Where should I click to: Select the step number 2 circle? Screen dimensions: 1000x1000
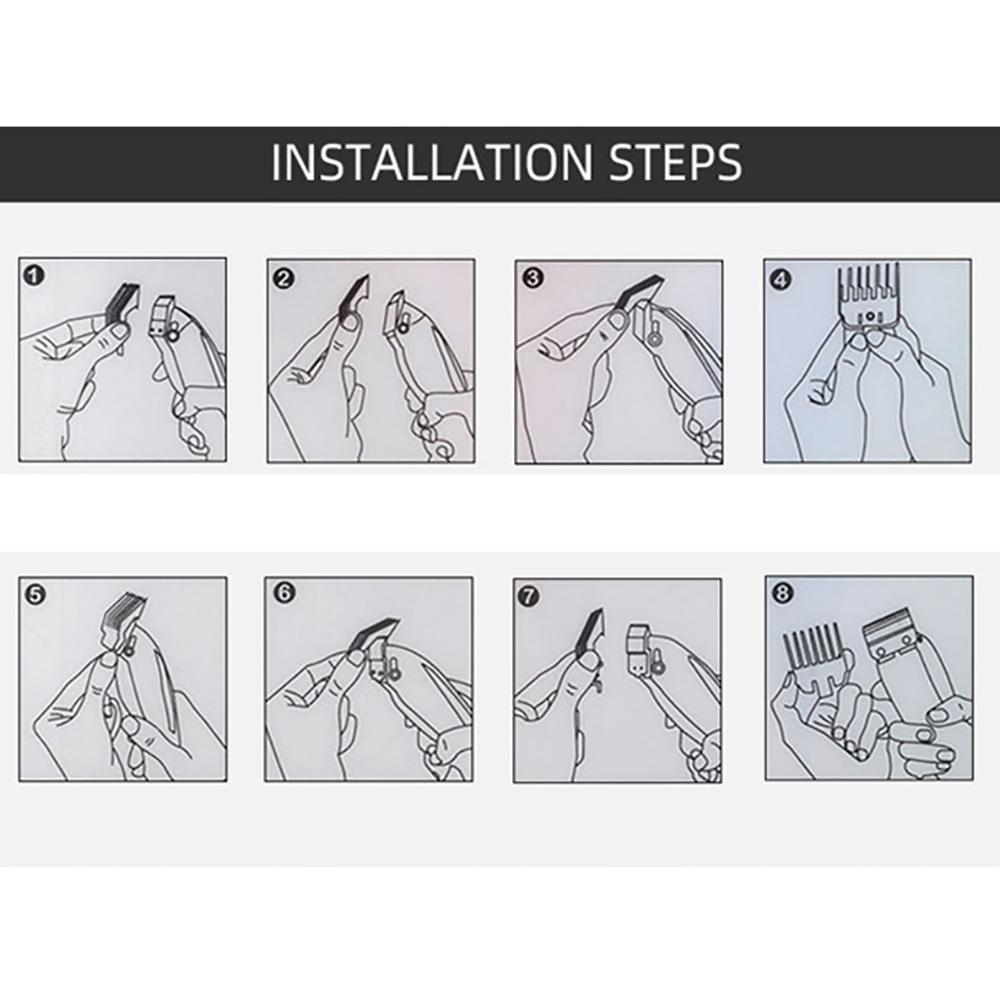(x=284, y=279)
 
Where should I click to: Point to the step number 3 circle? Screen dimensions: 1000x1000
(x=532, y=278)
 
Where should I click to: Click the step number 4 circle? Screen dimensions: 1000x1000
(x=781, y=279)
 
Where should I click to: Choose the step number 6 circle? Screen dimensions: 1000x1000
(x=284, y=594)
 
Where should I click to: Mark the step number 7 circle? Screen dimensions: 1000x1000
(x=531, y=596)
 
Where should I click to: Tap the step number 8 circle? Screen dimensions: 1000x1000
(x=782, y=593)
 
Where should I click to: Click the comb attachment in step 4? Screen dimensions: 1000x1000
(x=867, y=295)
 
